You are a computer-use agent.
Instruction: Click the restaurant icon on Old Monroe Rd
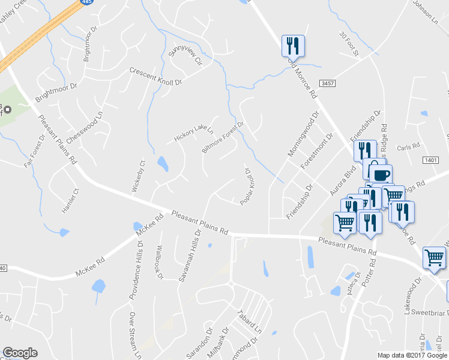[294, 45]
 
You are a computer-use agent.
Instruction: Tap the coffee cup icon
[380, 175]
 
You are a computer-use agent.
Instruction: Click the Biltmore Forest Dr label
[223, 137]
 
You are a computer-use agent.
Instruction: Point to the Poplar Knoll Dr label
[246, 187]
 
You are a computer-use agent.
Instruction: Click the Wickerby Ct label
[139, 176]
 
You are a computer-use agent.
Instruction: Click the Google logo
[20, 353]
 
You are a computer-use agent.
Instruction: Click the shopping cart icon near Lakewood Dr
[433, 257]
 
